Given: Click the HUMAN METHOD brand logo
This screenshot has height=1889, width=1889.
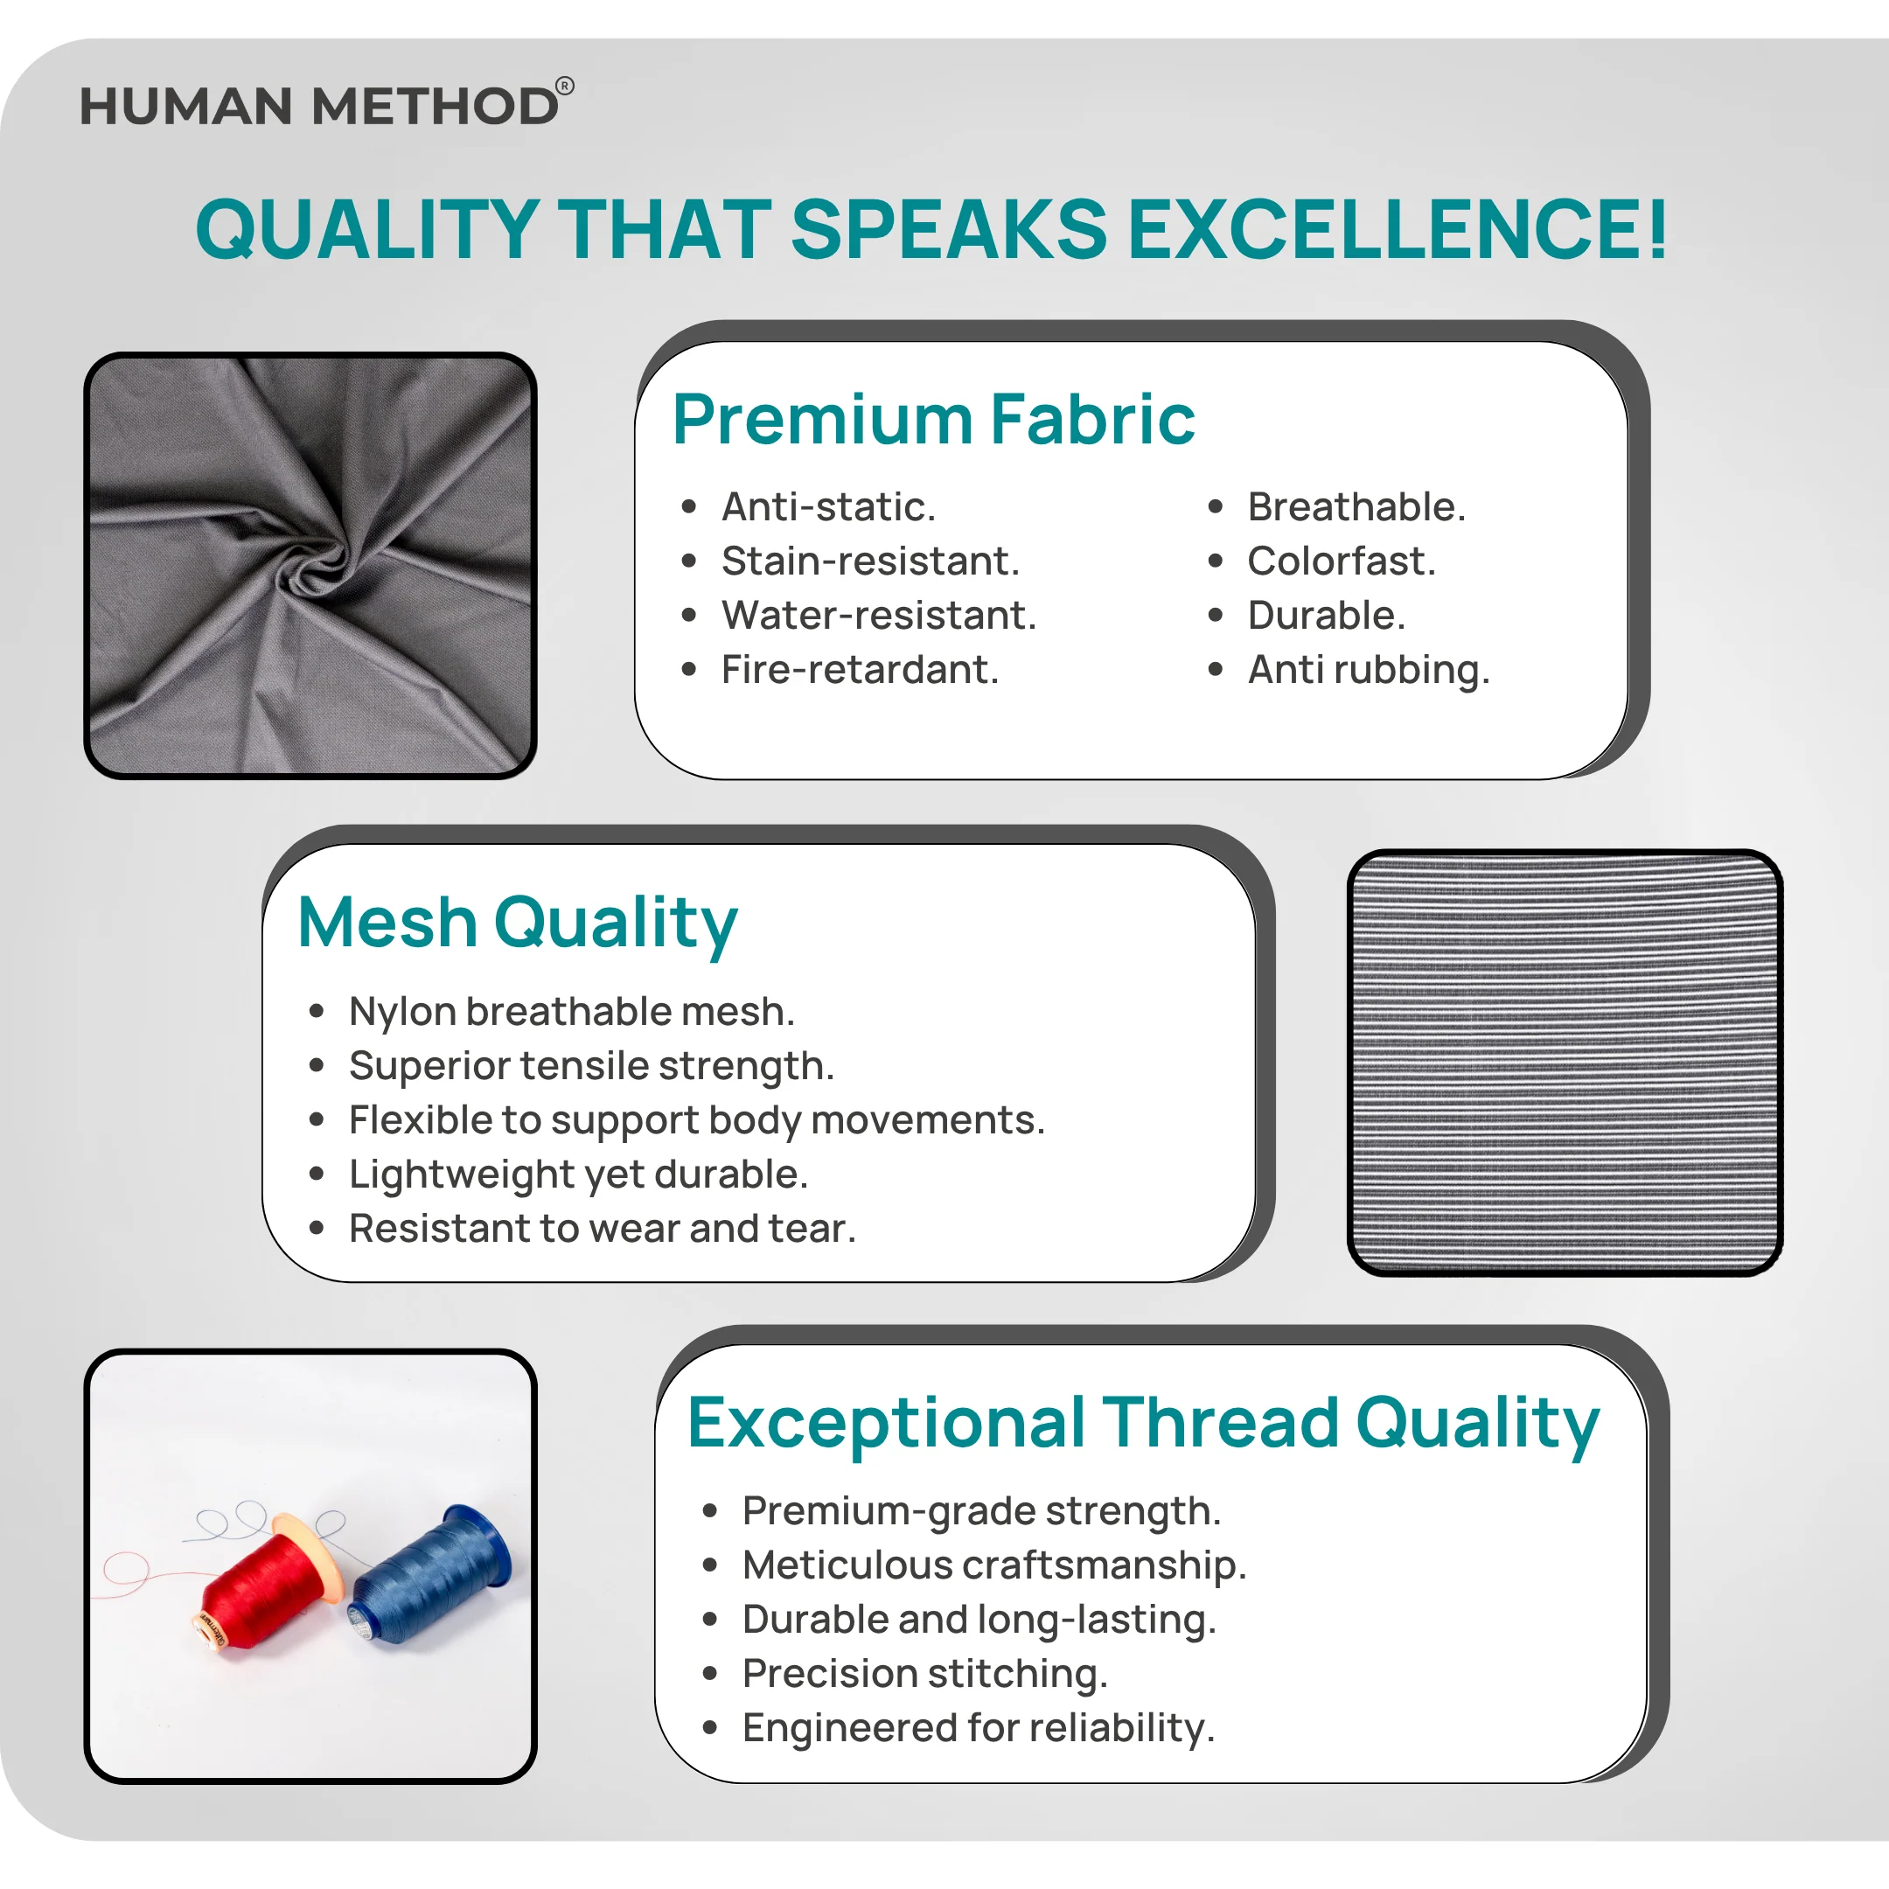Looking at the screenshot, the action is (x=326, y=104).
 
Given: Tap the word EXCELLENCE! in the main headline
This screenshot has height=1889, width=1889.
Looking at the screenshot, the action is (x=1398, y=230).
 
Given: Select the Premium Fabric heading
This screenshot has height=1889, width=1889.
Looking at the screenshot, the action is (x=934, y=420).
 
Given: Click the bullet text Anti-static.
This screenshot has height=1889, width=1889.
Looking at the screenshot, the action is (x=829, y=507).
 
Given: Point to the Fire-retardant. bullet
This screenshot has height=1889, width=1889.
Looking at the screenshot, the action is (x=861, y=670).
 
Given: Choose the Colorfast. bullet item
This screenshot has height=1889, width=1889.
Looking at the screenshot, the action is (x=1342, y=561).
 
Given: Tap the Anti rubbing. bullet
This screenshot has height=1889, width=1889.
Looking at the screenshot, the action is (x=1369, y=672).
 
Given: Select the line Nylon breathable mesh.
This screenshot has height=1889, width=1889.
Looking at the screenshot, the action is (x=572, y=1012).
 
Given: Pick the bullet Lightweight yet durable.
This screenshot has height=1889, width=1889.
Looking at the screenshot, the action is (x=579, y=1175).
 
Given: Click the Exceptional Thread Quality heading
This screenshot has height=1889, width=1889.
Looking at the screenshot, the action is (x=1143, y=1425).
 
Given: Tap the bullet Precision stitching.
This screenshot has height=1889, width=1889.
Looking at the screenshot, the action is (x=925, y=1674).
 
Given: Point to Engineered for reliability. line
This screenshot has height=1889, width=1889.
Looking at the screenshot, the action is (x=979, y=1729).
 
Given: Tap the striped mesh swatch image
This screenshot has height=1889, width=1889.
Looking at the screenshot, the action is (x=1565, y=1063).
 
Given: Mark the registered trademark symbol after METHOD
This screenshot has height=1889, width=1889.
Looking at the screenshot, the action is (x=565, y=85).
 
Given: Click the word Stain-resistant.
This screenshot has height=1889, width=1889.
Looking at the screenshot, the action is (x=870, y=561).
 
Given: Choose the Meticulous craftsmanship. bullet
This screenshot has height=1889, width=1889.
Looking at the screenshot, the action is (x=994, y=1565).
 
